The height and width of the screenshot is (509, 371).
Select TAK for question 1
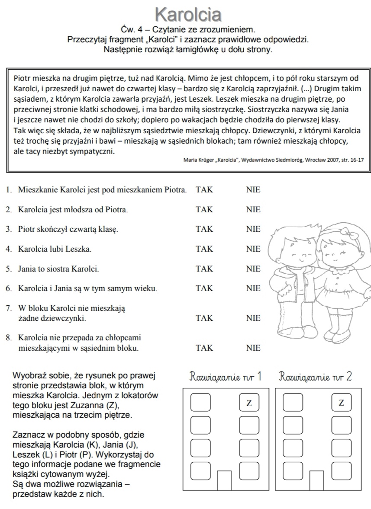click(204, 189)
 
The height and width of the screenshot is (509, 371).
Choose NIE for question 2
click(253, 209)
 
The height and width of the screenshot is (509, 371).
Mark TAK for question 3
click(204, 229)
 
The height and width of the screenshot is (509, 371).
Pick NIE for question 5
click(253, 269)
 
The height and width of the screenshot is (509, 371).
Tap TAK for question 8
click(204, 348)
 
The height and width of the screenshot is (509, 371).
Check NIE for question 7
click(253, 318)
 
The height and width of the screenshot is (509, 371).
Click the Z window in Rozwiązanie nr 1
click(249, 403)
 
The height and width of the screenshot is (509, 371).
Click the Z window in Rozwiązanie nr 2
click(341, 403)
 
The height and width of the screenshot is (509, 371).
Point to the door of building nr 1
click(224, 480)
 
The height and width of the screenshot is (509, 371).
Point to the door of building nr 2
click(316, 480)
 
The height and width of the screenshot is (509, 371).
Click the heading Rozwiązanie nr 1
click(226, 376)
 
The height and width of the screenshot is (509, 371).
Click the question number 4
click(8, 249)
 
